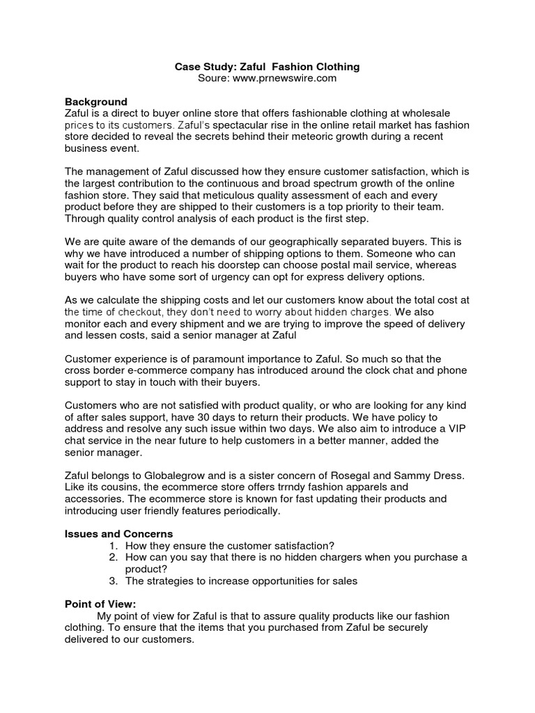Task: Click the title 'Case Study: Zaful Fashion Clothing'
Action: pyautogui.click(x=267, y=67)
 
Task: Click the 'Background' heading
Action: pyautogui.click(x=96, y=102)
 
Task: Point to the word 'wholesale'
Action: pyautogui.click(x=426, y=113)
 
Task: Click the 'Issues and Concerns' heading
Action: pyautogui.click(x=118, y=534)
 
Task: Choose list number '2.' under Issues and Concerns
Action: pyautogui.click(x=114, y=558)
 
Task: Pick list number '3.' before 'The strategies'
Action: pyautogui.click(x=114, y=581)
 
